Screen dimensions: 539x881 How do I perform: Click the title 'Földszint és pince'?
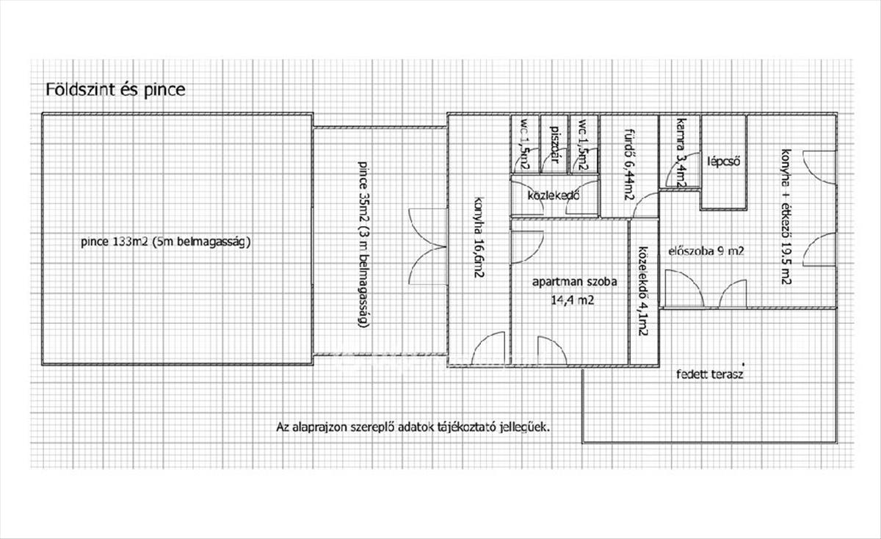[x=116, y=90]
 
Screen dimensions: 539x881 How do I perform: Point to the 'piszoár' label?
[x=556, y=145]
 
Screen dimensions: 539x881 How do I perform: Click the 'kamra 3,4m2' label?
[x=680, y=155]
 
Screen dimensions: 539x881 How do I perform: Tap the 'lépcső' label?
[x=723, y=161]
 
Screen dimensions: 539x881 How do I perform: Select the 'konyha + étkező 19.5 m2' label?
[x=785, y=217]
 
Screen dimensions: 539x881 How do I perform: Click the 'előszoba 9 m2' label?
[x=706, y=251]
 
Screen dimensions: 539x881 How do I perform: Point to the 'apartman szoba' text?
[x=574, y=281]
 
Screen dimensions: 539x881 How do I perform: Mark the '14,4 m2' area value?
[x=573, y=299]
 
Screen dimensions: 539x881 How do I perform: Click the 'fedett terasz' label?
[x=710, y=374]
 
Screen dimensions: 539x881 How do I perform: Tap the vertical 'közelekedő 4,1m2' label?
[x=642, y=289]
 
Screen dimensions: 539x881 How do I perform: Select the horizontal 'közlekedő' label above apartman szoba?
[x=554, y=196]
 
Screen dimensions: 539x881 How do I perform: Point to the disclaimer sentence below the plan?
[x=413, y=426]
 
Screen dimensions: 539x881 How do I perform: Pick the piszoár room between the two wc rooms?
[x=555, y=145]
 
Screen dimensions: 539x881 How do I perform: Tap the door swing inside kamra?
[x=673, y=176]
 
